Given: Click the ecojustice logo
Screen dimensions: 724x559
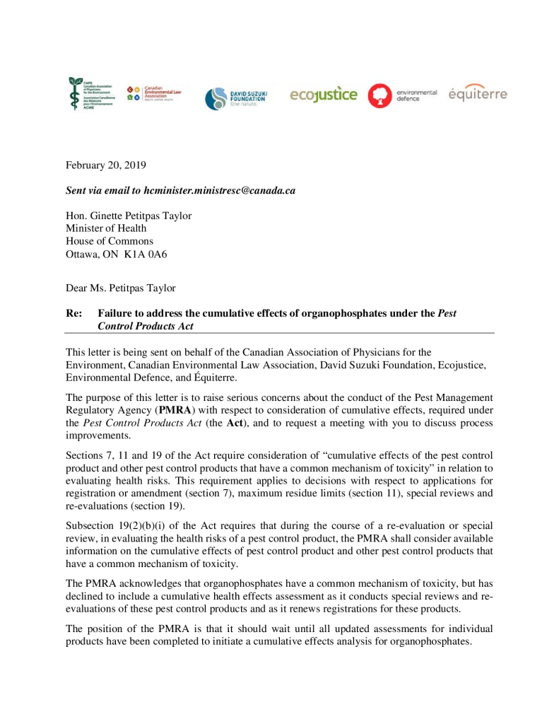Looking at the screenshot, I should pyautogui.click(x=324, y=94).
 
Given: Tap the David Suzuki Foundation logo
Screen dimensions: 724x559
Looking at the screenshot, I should pyautogui.click(x=235, y=98).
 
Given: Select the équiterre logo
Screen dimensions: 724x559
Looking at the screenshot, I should pyautogui.click(x=478, y=94).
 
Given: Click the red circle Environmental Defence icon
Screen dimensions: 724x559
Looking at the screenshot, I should pyautogui.click(x=379, y=95).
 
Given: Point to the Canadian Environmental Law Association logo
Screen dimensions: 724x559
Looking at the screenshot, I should pyautogui.click(x=154, y=93).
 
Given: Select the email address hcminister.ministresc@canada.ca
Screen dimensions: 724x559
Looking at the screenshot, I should pyautogui.click(x=219, y=190).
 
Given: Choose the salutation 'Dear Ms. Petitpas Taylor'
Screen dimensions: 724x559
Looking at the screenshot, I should pyautogui.click(x=121, y=288).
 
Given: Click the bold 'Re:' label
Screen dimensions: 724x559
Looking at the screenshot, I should pyautogui.click(x=73, y=313).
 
